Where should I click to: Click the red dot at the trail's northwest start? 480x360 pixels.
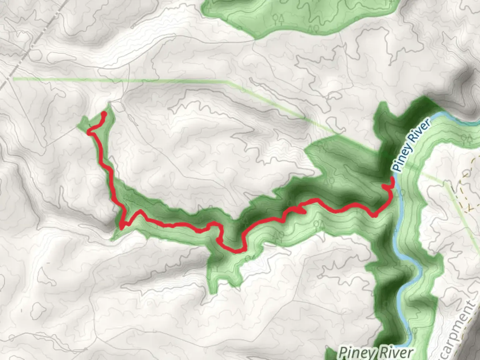point(104,114)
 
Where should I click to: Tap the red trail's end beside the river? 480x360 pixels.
point(392,179)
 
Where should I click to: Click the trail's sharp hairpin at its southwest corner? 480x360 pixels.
point(122,227)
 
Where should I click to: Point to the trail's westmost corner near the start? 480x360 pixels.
point(89,133)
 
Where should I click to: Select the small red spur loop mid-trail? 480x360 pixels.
point(299,210)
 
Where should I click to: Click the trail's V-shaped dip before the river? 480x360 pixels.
point(374,215)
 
